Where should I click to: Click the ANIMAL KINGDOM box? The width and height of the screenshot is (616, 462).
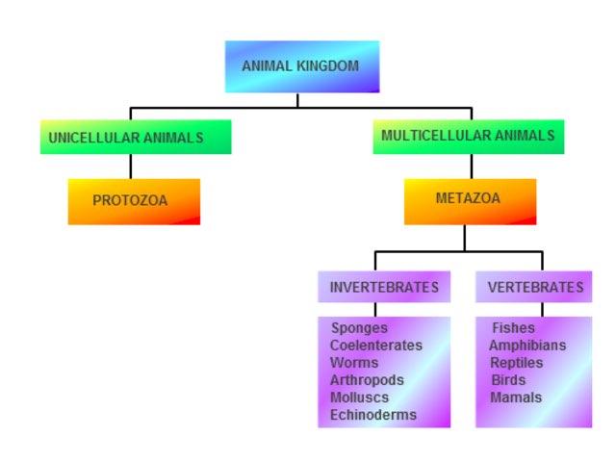301,66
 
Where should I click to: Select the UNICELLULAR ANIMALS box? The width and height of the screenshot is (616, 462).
135,138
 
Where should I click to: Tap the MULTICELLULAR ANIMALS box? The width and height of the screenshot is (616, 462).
468,137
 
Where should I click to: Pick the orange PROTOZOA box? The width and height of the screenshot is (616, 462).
134,201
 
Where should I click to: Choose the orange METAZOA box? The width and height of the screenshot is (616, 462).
470,200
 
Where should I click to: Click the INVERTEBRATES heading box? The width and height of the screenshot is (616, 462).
384,287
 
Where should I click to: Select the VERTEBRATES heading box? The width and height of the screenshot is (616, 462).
534,287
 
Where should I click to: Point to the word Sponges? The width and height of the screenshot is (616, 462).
359,328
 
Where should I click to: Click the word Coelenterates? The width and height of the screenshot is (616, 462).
375,346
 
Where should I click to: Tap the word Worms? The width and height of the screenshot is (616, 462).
354,363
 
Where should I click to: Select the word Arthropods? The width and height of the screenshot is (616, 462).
367,380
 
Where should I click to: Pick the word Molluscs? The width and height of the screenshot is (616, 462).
360,398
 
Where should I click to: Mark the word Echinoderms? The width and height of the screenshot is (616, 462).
372,415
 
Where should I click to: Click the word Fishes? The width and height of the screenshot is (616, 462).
513,328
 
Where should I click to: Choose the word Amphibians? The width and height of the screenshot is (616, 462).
527,346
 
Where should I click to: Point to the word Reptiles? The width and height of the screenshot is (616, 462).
517,363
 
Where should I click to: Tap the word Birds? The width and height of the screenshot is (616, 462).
508,380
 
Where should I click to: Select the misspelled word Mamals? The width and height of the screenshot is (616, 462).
516,398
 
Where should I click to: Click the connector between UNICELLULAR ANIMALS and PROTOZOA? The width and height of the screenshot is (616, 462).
131,167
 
